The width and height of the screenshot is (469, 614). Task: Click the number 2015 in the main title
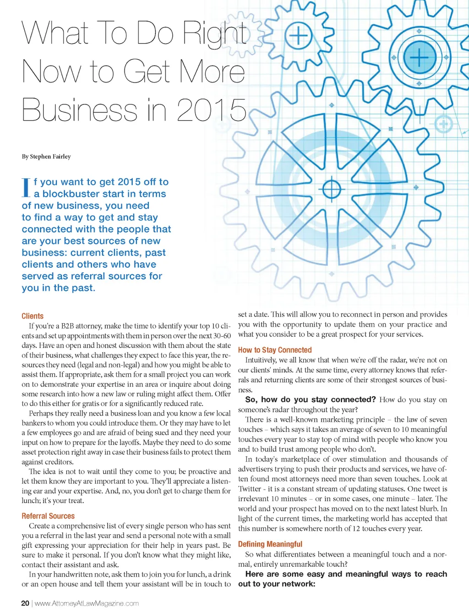pyautogui.click(x=212, y=110)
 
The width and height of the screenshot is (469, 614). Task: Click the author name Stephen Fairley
pyautogui.click(x=50, y=156)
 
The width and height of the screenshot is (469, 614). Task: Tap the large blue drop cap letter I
pyautogui.click(x=26, y=188)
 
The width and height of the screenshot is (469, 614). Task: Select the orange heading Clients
pyautogui.click(x=33, y=316)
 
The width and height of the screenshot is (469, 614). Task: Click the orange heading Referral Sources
pyautogui.click(x=48, y=516)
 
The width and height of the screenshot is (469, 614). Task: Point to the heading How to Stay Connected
pyautogui.click(x=275, y=350)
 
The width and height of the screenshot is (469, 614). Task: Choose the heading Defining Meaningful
pyautogui.click(x=270, y=544)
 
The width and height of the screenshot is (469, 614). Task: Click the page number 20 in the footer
pyautogui.click(x=25, y=603)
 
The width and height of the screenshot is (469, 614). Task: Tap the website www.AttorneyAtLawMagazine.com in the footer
pyautogui.click(x=87, y=603)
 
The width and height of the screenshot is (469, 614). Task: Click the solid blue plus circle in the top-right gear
pyautogui.click(x=419, y=57)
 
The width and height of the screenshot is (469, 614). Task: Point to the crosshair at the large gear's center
pyautogui.click(x=332, y=189)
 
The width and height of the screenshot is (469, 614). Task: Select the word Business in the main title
pyautogui.click(x=79, y=110)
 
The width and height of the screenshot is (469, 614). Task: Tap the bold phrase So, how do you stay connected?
pyautogui.click(x=311, y=399)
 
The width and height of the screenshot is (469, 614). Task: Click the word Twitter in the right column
pyautogui.click(x=250, y=489)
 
